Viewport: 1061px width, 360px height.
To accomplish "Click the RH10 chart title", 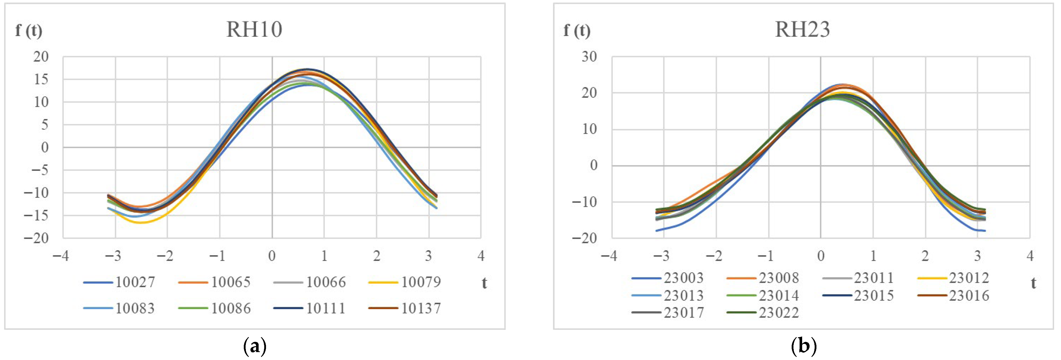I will click(x=254, y=30).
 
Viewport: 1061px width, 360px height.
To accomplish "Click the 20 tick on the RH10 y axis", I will click(x=41, y=57).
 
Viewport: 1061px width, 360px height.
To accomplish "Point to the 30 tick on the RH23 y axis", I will click(x=589, y=57).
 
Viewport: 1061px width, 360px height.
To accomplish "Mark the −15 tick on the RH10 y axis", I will click(x=36, y=215).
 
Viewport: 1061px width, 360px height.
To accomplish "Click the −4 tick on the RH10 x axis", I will click(x=61, y=256).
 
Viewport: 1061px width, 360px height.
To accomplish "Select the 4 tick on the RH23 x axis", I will click(x=1030, y=256).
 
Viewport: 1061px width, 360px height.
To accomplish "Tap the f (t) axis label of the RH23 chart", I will click(x=577, y=30).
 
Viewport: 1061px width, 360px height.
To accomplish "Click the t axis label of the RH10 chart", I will click(x=484, y=283).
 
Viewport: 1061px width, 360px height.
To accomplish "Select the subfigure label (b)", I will click(x=804, y=346).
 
